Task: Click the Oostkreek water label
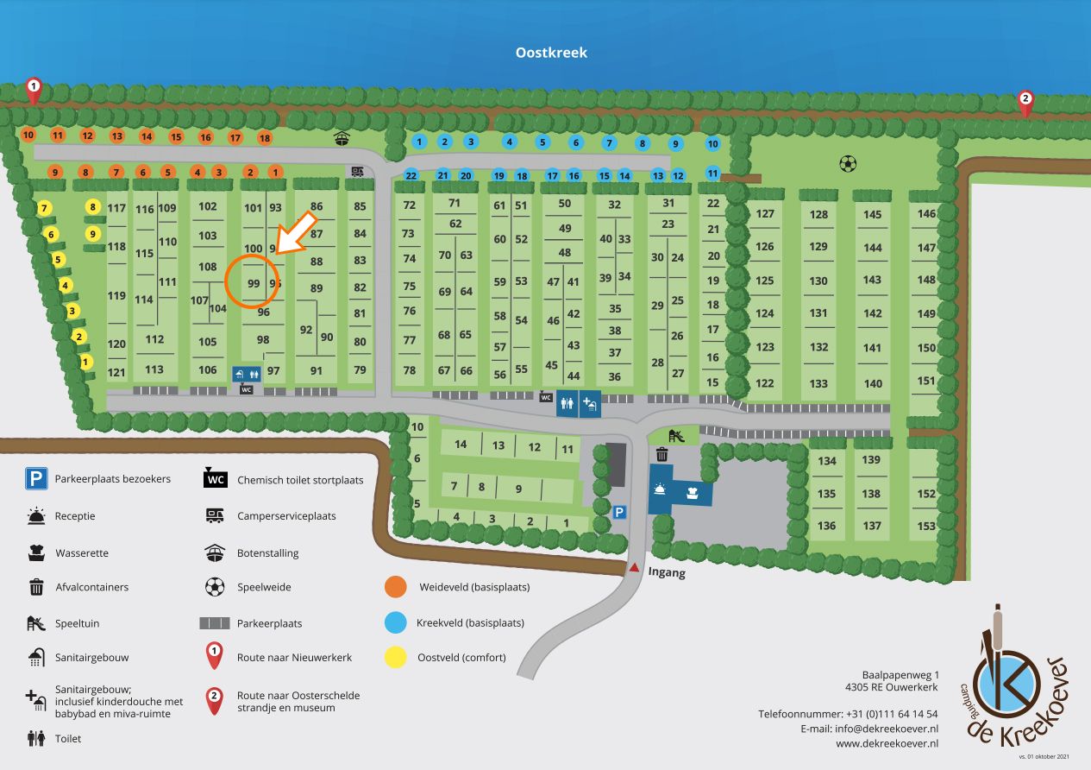click(x=551, y=53)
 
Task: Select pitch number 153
click(x=926, y=526)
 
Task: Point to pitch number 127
click(x=765, y=213)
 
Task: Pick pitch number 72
click(x=409, y=205)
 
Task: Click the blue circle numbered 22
click(x=411, y=175)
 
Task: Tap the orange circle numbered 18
click(x=265, y=138)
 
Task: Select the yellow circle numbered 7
click(x=44, y=209)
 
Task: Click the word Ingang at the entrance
click(x=667, y=572)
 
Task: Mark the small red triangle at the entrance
click(x=634, y=567)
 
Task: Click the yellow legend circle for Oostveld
click(x=396, y=657)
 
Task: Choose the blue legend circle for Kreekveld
click(x=396, y=622)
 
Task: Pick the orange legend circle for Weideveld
click(x=396, y=587)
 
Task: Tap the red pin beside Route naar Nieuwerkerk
click(x=214, y=656)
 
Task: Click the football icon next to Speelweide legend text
click(x=215, y=587)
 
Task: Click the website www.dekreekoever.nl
click(x=887, y=744)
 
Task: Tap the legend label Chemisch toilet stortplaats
click(x=300, y=480)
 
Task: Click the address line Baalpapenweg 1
click(x=900, y=675)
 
